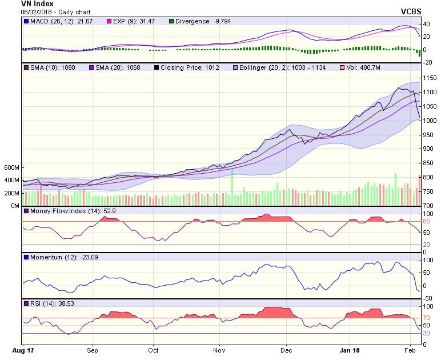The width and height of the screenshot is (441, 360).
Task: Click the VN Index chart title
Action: pos(37,4)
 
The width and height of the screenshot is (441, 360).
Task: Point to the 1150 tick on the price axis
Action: pos(430,78)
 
